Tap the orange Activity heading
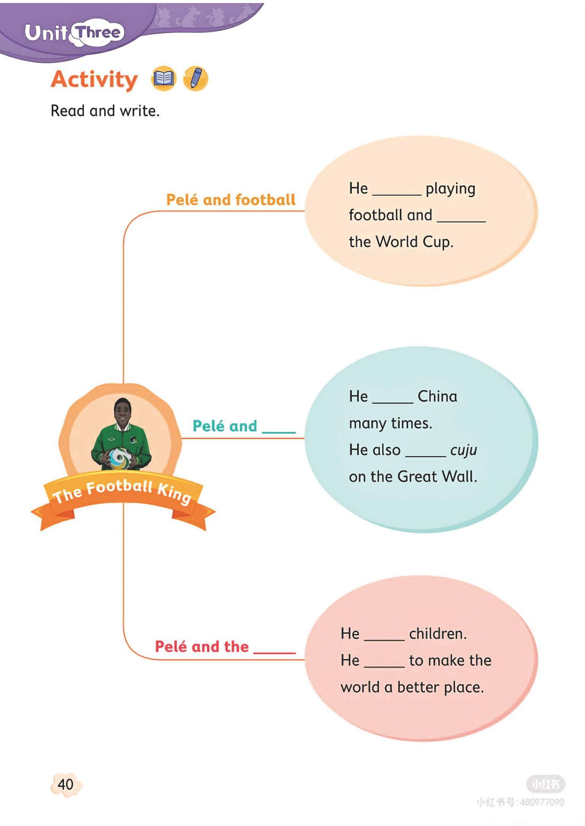[x=94, y=80]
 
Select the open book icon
[x=164, y=79]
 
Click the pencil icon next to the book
[x=196, y=78]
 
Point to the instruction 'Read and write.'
[x=105, y=111]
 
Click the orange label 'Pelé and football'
[x=231, y=200]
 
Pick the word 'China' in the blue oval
[x=437, y=396]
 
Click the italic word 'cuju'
[x=463, y=450]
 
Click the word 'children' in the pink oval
[x=437, y=634]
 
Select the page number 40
[x=65, y=784]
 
